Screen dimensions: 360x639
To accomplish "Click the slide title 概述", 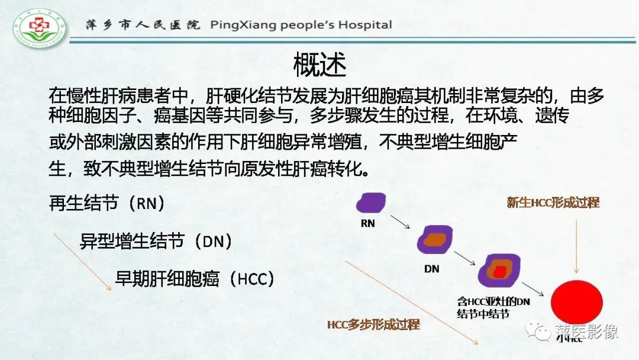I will point(319,65).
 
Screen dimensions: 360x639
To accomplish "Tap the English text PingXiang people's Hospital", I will point(301,25).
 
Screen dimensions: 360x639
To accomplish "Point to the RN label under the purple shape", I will point(367,224).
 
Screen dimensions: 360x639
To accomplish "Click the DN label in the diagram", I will point(432,268).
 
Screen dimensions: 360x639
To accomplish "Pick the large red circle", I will point(576,302).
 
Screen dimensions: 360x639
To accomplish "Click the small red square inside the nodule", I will point(501,272).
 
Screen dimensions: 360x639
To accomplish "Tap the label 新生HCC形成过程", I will point(553,202).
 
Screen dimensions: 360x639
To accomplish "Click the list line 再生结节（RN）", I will point(106,204).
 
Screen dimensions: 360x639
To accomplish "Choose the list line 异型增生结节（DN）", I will point(156,241).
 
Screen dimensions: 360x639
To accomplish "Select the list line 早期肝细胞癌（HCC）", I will point(195,279).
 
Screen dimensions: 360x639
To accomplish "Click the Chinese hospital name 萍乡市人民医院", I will point(143,25).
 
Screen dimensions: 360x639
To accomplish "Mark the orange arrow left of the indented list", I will point(82,261).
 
